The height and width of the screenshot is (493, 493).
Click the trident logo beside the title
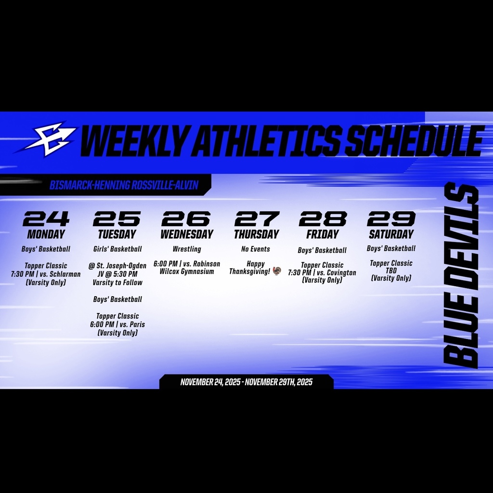(47, 140)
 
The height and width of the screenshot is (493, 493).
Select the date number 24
(46, 219)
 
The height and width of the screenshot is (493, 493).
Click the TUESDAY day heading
(117, 234)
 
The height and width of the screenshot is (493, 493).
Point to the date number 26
(186, 219)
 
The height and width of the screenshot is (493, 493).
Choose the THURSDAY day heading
(256, 234)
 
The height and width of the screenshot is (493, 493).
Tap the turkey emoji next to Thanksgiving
(276, 272)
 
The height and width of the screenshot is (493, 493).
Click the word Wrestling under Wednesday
(187, 249)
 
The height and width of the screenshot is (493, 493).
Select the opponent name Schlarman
(65, 274)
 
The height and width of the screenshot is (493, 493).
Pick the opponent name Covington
(340, 273)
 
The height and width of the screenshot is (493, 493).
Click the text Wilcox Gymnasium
(187, 272)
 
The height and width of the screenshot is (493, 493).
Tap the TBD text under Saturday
(391, 271)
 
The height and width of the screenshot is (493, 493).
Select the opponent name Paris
(137, 324)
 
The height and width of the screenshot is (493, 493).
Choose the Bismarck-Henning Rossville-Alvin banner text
(124, 185)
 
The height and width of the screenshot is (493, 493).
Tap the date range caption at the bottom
(246, 382)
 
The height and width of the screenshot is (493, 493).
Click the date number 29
(391, 219)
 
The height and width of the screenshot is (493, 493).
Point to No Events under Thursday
(256, 249)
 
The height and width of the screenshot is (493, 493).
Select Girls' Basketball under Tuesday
(117, 249)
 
